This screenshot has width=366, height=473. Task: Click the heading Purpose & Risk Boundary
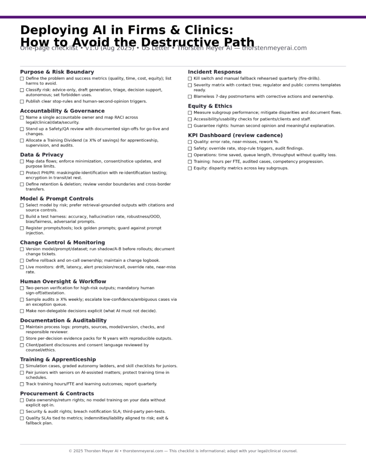point(57,72)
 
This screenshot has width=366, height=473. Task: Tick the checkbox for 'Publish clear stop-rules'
point(22,102)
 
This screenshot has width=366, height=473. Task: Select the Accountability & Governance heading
point(62,111)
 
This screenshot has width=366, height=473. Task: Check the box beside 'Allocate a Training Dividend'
point(22,140)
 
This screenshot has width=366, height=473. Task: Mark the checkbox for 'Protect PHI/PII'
point(22,173)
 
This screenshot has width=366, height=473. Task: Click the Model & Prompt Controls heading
point(56,199)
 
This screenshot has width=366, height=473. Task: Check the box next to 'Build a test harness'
point(22,217)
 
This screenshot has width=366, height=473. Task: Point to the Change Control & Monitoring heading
point(62,243)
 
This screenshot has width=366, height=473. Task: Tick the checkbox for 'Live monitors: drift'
point(22,267)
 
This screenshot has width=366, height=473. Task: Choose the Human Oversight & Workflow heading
point(63,281)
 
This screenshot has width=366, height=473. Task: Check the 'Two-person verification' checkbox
point(22,288)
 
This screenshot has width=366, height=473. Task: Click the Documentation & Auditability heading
point(63,321)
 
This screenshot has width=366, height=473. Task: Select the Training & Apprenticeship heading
point(58,359)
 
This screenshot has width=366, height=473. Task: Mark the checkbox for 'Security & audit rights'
point(22,412)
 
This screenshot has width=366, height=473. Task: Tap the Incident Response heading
point(215,72)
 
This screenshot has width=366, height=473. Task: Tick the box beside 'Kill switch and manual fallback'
point(190,79)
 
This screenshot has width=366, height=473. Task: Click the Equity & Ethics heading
point(210,106)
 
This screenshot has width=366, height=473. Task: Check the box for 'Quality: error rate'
point(190,142)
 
